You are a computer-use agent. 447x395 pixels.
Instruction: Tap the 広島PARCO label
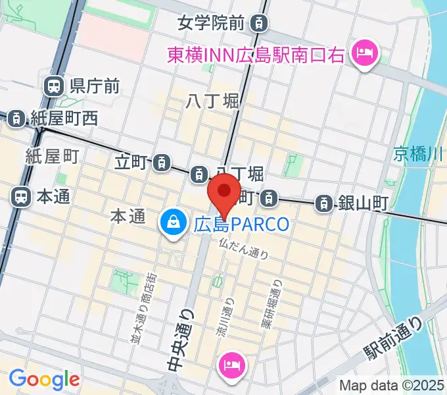click(x=241, y=224)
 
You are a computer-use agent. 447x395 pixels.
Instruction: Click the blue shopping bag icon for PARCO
click(x=172, y=224)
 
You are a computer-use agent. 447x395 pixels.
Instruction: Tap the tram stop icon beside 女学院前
click(x=261, y=24)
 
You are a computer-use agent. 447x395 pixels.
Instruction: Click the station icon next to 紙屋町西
click(x=15, y=118)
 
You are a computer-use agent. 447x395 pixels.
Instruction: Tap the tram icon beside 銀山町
click(x=323, y=203)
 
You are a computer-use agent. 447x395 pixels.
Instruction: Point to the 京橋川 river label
click(x=419, y=154)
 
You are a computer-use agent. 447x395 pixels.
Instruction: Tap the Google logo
click(x=44, y=379)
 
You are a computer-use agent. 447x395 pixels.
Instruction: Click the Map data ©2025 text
click(x=392, y=386)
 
